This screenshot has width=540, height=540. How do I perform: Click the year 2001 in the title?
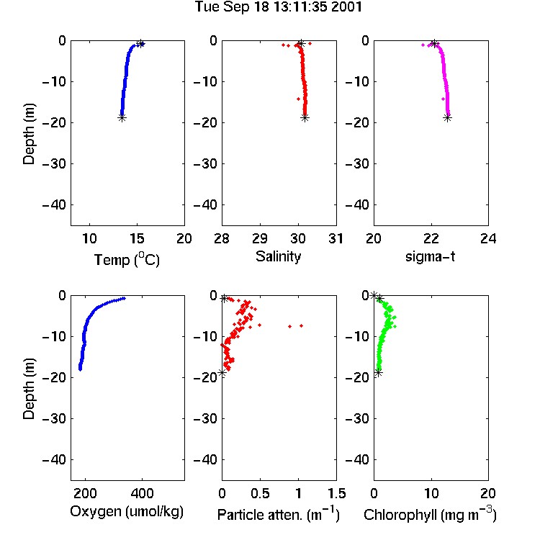tap(346, 6)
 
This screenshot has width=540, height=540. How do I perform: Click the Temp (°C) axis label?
tap(127, 260)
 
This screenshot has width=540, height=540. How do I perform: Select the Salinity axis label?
tap(278, 256)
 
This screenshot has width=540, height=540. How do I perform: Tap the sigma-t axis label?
tap(430, 256)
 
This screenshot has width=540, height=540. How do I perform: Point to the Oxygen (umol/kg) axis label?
tap(127, 511)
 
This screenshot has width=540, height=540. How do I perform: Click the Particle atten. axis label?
tap(278, 514)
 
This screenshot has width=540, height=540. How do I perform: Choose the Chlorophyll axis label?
tap(430, 514)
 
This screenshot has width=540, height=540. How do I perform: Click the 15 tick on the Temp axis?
tap(137, 238)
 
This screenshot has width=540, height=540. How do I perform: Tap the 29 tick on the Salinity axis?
tap(260, 238)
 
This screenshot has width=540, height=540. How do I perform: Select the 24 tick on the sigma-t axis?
tap(488, 238)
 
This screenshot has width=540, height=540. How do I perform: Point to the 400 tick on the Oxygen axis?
tap(142, 493)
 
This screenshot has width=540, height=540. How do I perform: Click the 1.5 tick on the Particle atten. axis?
tap(336, 493)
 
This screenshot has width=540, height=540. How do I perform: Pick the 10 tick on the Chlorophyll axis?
tap(431, 493)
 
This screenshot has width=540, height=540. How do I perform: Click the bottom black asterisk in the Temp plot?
tap(122, 118)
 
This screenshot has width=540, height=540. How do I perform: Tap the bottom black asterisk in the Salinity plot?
tap(305, 118)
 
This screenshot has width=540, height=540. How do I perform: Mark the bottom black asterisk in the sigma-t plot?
tap(447, 118)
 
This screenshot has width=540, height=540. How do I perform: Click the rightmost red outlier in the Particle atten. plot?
tap(301, 325)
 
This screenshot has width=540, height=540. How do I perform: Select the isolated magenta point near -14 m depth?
tap(444, 99)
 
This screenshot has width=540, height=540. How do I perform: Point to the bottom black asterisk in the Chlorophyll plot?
tap(379, 373)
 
